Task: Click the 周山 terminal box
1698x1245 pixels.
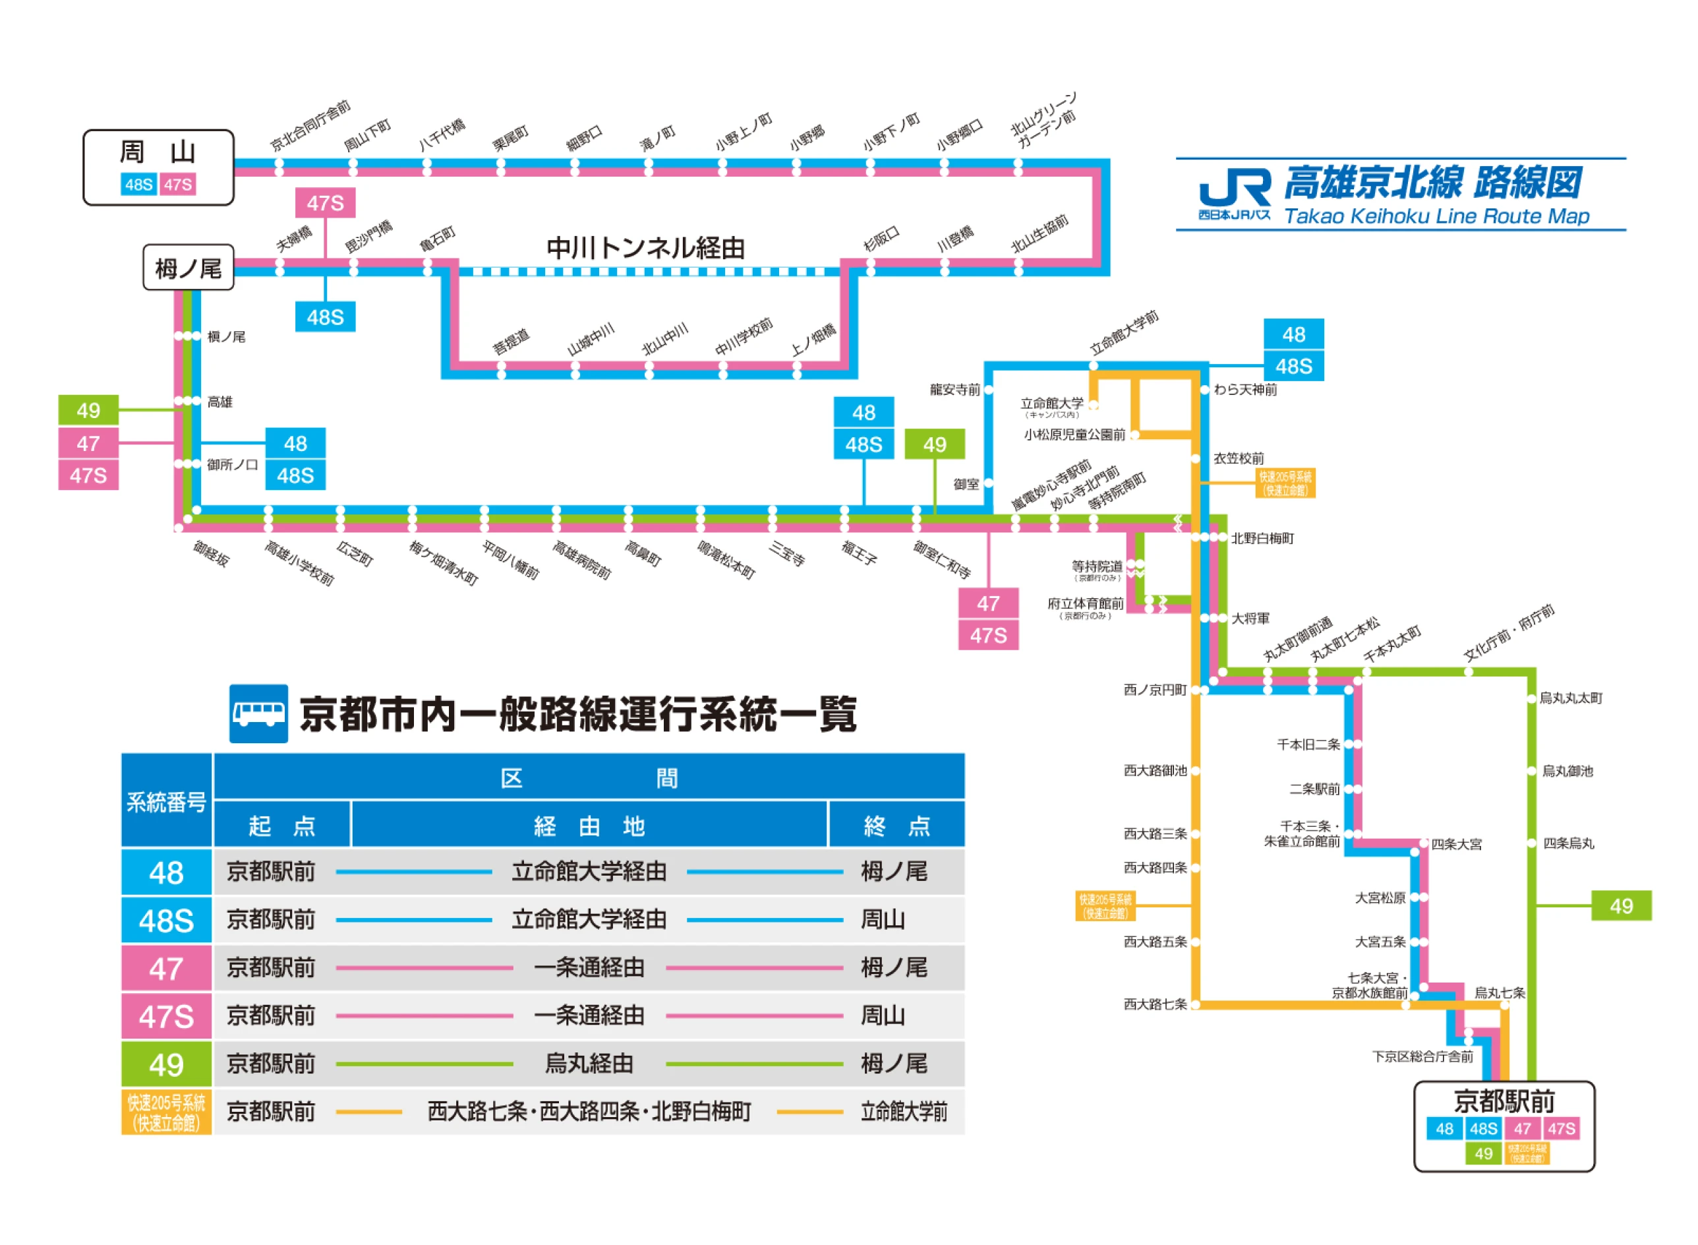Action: click(158, 167)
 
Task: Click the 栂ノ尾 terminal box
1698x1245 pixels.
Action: click(188, 268)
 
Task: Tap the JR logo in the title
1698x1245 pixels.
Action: click(1233, 189)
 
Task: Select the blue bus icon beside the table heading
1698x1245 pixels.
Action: click(258, 713)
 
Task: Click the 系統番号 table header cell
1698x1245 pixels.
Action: click(165, 801)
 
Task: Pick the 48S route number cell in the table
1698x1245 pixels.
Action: click(165, 920)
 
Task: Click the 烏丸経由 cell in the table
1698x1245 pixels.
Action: click(589, 1064)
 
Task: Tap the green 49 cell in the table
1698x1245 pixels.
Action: click(165, 1064)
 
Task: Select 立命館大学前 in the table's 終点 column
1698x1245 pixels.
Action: click(902, 1112)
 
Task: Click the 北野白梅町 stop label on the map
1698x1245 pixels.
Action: click(1262, 538)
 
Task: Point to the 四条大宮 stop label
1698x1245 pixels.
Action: click(1455, 844)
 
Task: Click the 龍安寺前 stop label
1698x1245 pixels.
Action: click(954, 390)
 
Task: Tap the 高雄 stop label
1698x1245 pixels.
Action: click(220, 402)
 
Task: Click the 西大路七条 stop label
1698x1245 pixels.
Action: click(1154, 1004)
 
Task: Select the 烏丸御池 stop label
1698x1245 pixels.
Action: click(1567, 771)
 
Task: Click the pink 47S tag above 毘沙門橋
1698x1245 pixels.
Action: click(325, 202)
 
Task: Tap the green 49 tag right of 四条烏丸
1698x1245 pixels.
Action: click(1620, 906)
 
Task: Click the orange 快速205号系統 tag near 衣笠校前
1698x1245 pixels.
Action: click(1285, 483)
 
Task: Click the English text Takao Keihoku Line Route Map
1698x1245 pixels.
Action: click(1436, 216)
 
